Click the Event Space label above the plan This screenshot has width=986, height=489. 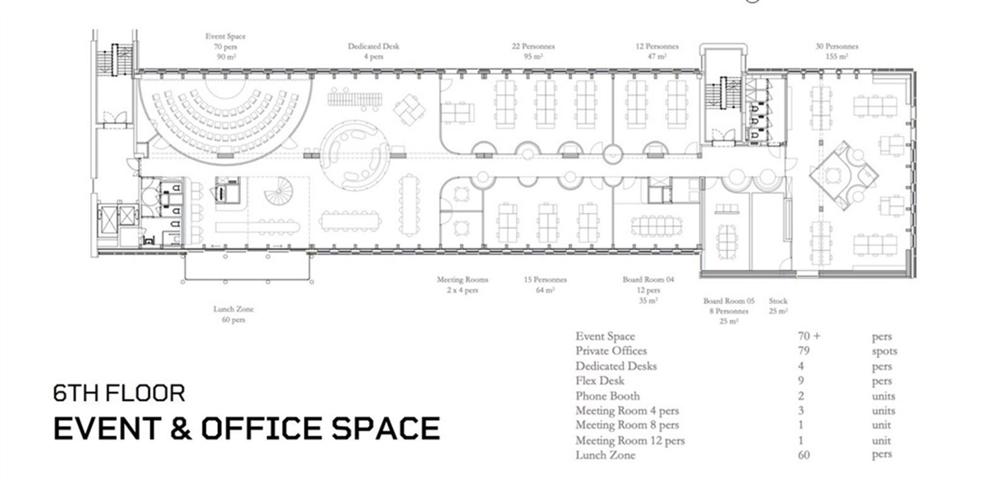point(225,46)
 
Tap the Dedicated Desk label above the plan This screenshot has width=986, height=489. point(373,51)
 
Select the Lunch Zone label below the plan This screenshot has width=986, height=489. point(233,314)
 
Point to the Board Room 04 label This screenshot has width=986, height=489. point(648,290)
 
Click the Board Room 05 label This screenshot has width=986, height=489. point(729,311)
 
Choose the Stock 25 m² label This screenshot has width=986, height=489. point(778,306)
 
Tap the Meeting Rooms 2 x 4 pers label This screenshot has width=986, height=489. point(462,284)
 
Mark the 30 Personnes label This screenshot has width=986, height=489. point(837,51)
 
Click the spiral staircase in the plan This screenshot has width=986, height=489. point(278,191)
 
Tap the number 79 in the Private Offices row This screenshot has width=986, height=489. point(804,351)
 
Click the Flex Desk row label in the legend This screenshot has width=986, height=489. point(600,381)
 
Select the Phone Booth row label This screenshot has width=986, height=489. point(607,396)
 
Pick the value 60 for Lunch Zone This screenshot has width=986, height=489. point(804,455)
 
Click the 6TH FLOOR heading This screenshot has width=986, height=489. point(119,393)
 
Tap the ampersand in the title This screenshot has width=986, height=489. point(181,428)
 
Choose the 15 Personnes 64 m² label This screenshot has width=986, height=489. point(545,284)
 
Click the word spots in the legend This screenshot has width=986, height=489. point(884,351)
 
